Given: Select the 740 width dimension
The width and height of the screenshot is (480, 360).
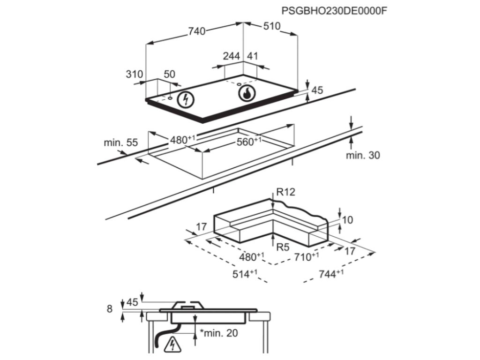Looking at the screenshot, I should pyautogui.click(x=197, y=31).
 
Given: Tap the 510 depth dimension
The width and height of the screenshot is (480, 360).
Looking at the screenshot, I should pyautogui.click(x=271, y=26).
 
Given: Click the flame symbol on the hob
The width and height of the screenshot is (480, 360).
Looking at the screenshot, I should pyautogui.click(x=246, y=93).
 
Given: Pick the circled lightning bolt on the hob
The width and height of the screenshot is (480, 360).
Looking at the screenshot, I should pyautogui.click(x=187, y=99).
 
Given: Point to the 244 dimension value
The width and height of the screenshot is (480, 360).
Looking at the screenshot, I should pyautogui.click(x=231, y=56).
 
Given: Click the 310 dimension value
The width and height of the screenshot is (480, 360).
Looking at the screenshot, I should pyautogui.click(x=134, y=74).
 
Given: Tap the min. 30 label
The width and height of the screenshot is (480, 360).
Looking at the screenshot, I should pyautogui.click(x=363, y=156).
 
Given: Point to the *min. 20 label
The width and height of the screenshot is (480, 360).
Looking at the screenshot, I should pyautogui.click(x=219, y=333).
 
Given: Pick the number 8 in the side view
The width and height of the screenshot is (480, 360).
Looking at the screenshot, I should pyautogui.click(x=110, y=309).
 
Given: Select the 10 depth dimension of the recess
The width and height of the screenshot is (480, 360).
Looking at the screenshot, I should pyautogui.click(x=347, y=220).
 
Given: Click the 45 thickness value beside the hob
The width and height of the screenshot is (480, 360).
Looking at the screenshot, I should pyautogui.click(x=317, y=90).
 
